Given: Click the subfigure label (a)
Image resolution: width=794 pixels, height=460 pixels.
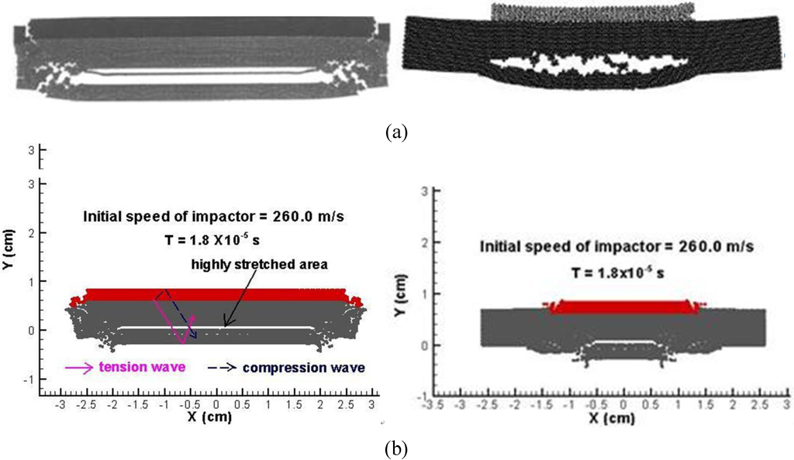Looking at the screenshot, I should coord(397,133).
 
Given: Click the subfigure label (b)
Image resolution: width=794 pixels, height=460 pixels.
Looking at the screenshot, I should coord(397,448).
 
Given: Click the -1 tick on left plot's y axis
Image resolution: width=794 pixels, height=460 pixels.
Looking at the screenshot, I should coord(29,379).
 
